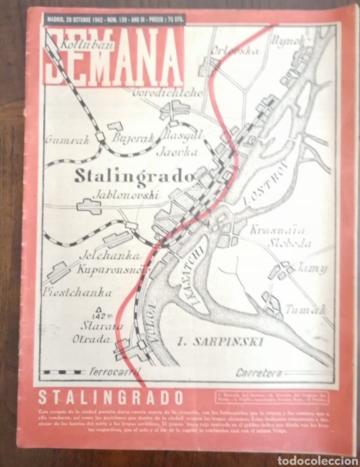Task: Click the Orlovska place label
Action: [228, 50]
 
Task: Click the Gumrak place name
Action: [67, 140]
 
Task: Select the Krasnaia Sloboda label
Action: [280, 237]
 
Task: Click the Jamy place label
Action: [311, 268]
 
